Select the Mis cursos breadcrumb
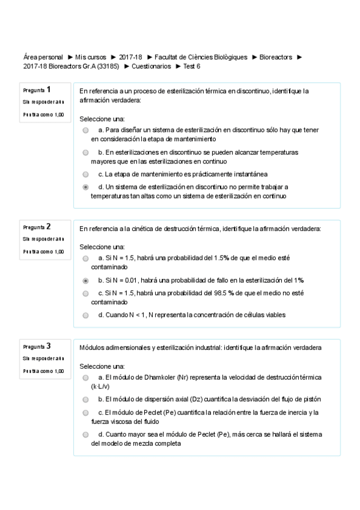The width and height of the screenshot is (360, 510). coord(91,57)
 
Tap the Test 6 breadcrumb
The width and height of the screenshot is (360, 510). coord(192,66)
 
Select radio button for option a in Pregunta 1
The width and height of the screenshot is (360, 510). coord(86,130)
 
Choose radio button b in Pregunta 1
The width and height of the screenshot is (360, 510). coord(86,153)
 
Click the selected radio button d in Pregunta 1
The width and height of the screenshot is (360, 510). coord(86,187)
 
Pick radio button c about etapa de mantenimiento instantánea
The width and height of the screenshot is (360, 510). coord(86,174)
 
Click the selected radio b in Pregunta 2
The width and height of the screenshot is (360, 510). coord(86,280)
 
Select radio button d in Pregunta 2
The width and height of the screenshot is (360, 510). coord(86,315)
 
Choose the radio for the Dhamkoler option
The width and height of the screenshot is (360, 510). coord(86,377)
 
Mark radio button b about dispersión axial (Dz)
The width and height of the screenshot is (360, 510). coord(86,399)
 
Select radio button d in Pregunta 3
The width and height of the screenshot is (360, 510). coord(86,434)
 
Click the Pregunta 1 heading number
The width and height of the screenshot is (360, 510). coord(48,89)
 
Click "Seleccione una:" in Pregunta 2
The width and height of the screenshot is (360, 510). coord(102,247)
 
